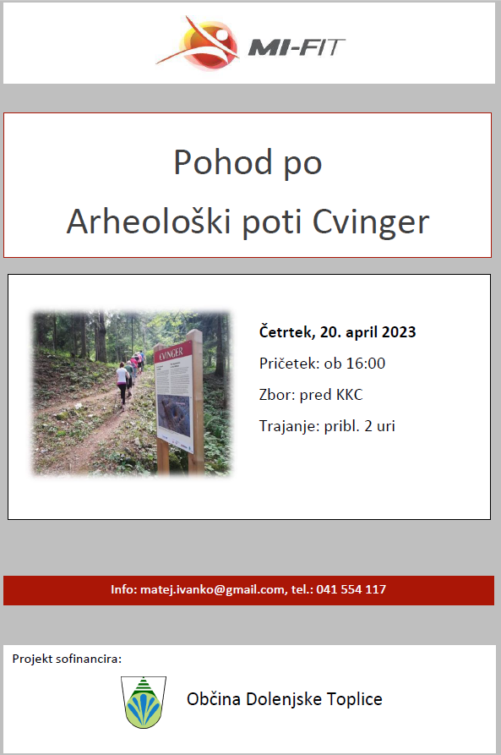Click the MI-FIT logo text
point(297,47)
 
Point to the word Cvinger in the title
point(371,222)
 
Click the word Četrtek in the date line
point(283,332)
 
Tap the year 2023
point(397,332)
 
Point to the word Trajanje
point(287,426)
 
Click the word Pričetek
point(287,364)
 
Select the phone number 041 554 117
point(351,589)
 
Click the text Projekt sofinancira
point(68,658)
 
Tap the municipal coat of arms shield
point(144,702)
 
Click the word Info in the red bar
point(123,589)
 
